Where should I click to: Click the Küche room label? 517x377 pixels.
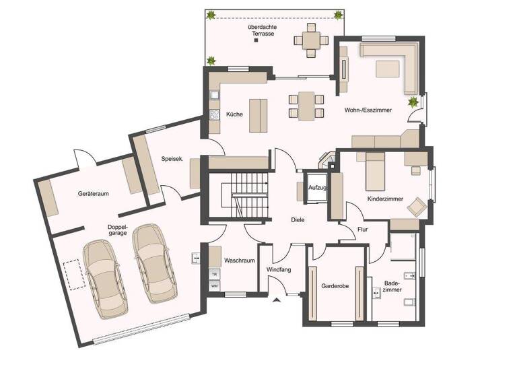click(234, 114)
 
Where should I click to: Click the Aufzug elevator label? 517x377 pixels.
click(317, 188)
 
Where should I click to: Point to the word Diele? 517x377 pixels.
click(298, 220)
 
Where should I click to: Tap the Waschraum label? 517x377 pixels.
click(239, 261)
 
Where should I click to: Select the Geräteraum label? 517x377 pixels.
click(94, 194)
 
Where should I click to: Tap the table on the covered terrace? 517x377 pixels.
click(310, 41)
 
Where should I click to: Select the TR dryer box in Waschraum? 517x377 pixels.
click(214, 275)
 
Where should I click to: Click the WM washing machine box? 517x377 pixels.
click(214, 286)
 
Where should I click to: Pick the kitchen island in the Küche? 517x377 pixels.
click(256, 116)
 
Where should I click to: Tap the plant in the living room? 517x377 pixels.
click(412, 102)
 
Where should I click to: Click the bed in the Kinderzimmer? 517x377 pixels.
click(375, 173)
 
